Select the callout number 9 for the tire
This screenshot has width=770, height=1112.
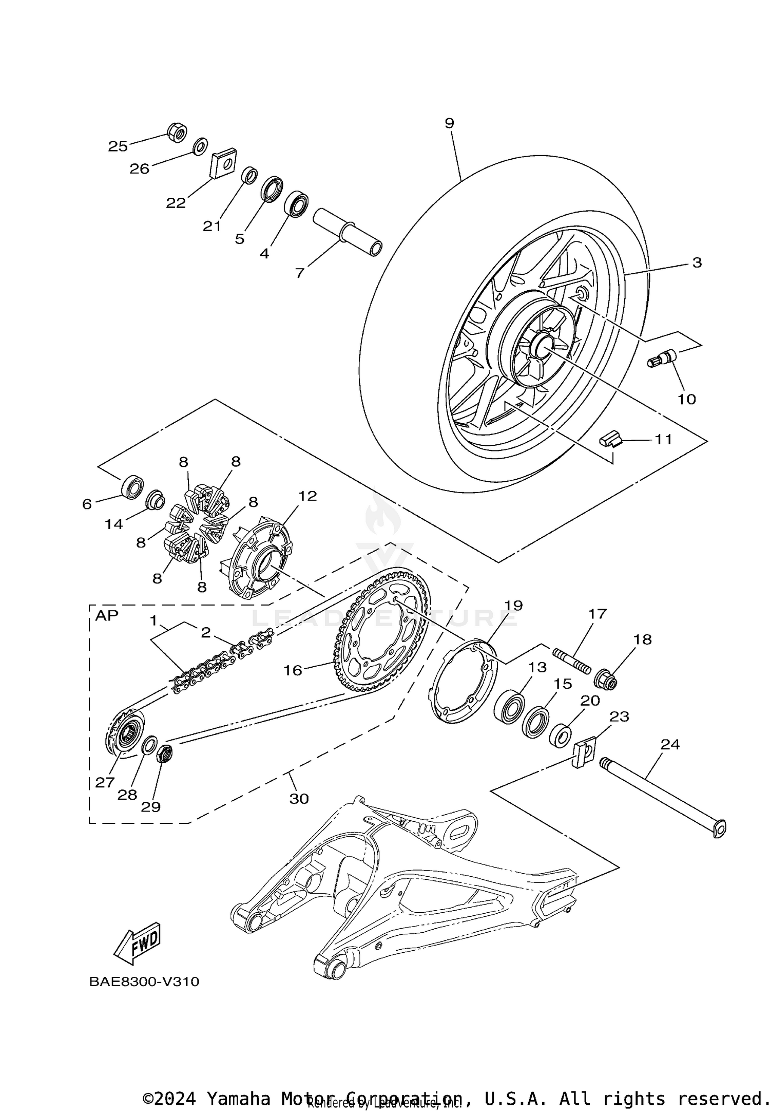(449, 123)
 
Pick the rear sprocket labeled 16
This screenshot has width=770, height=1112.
(382, 637)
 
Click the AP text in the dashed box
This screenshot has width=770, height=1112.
(107, 615)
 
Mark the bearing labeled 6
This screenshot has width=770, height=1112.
(132, 486)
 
